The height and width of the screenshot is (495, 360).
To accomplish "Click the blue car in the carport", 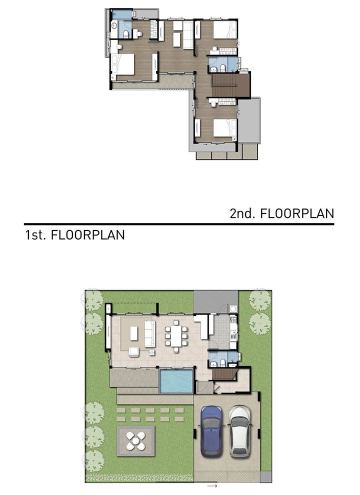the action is (211, 431).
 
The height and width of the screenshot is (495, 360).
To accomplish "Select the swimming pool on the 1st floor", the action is (176, 381).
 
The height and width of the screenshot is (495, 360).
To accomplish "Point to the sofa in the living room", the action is (150, 333).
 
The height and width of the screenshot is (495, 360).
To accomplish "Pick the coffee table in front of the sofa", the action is (134, 333).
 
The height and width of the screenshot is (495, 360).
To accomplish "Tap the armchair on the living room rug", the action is (133, 351).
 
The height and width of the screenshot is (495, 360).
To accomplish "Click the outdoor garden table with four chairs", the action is (135, 440).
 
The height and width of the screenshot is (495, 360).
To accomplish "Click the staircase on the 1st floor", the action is (224, 374).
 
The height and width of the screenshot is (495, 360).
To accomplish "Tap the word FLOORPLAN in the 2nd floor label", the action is (297, 213).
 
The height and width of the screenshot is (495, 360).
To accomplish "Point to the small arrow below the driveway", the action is (212, 486).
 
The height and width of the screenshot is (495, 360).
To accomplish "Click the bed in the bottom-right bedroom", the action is (225, 128).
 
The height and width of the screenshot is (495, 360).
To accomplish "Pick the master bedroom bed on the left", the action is (122, 64).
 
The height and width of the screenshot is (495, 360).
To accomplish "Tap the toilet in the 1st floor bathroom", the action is (222, 362).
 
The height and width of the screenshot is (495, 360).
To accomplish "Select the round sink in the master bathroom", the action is (114, 26).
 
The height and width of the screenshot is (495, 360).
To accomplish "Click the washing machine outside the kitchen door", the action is (233, 308).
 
